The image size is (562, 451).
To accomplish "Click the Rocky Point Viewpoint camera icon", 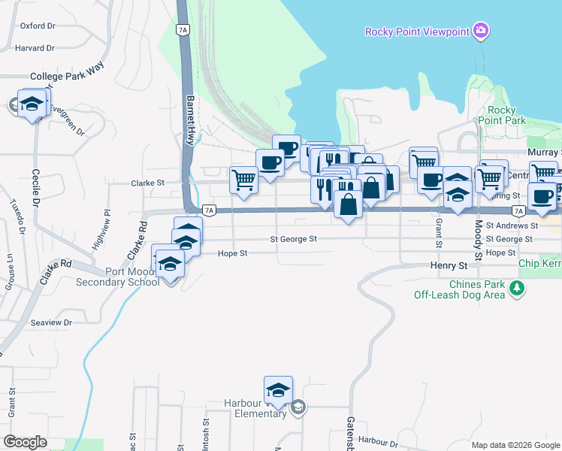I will click(481, 31).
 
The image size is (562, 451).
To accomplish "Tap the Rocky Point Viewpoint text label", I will click(417, 32).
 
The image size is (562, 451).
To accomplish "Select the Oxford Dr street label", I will click(38, 26).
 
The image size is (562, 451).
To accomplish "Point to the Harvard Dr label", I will click(35, 48).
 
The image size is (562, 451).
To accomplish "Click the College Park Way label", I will click(65, 77).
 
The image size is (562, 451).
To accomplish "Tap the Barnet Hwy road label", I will click(191, 120).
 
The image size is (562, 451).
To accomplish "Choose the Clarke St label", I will click(147, 183).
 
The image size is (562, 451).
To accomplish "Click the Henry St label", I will click(449, 266).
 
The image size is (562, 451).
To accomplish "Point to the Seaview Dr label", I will click(51, 322).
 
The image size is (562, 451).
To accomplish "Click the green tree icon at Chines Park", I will click(516, 288).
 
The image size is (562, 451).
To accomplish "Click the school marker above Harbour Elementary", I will click(278, 391).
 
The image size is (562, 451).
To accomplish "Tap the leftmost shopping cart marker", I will click(243, 180).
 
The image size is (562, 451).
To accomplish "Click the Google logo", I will click(25, 442).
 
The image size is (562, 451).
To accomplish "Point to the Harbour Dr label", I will click(376, 440).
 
